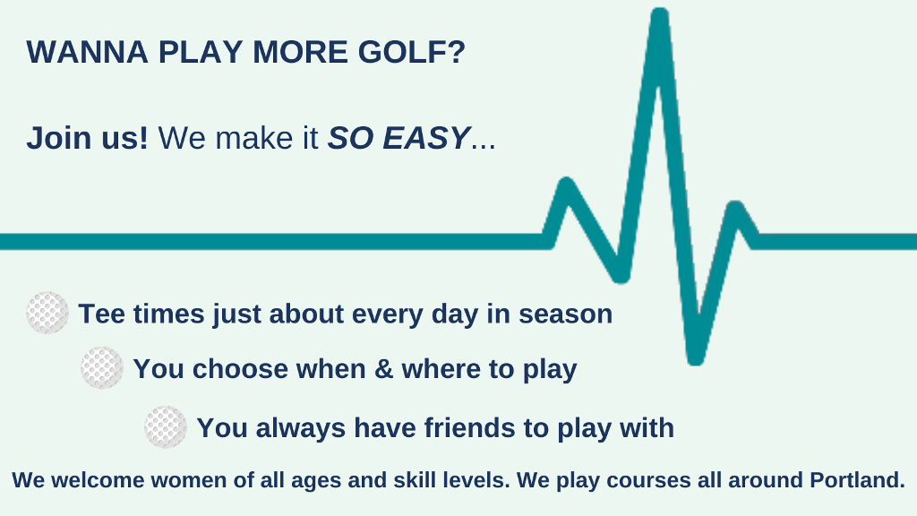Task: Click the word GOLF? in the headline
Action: tap(411, 52)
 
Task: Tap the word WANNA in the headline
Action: tap(87, 52)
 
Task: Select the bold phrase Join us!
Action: tap(87, 138)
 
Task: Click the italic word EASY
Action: tap(425, 138)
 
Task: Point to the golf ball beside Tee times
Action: tap(47, 313)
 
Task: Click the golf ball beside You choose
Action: tap(102, 368)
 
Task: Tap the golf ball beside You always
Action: tap(166, 427)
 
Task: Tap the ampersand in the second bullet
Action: tap(383, 369)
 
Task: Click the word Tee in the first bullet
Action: tap(101, 314)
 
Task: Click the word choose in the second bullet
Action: tap(240, 369)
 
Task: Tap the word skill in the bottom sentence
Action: tap(415, 480)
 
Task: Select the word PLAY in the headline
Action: tap(201, 52)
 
